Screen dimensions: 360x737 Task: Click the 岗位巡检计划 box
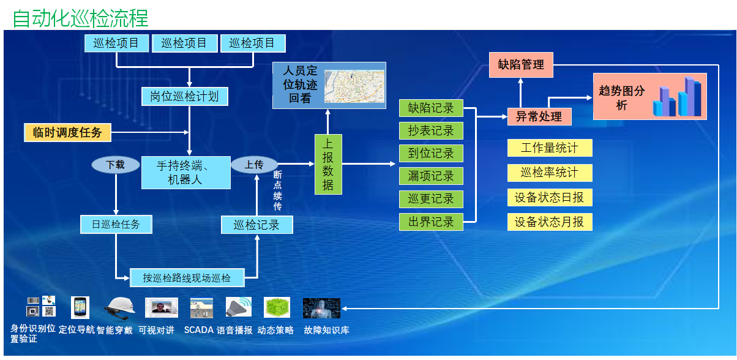point(184,96)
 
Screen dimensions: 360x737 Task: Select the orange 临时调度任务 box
point(67,132)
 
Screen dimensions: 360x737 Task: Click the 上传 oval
point(254,164)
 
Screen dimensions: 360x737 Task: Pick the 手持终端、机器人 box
point(185,173)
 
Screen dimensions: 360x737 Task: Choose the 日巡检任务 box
point(116,224)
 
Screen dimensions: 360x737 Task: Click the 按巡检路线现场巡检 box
point(187,277)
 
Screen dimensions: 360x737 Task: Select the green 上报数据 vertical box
point(328,164)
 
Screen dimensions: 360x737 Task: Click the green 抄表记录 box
point(431,130)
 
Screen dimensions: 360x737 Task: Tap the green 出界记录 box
point(431,222)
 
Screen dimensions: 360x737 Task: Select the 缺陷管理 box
point(521,64)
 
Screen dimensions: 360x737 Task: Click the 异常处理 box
point(539,116)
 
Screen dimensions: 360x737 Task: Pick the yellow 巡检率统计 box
point(549,173)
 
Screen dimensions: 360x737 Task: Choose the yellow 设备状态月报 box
point(549,222)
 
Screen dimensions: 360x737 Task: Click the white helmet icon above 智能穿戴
point(119,306)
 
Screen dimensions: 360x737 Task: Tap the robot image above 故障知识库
point(321,308)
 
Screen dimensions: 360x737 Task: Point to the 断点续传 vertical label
point(278,190)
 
